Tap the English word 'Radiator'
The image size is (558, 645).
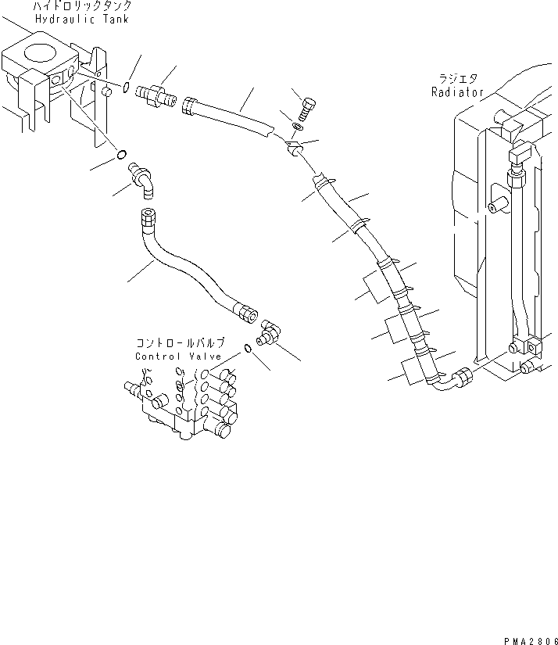click(457, 91)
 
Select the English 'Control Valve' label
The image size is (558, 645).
click(179, 357)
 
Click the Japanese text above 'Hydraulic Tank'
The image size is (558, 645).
click(82, 6)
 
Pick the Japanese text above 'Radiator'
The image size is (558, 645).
click(459, 78)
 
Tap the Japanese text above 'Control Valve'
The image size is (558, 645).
click(180, 343)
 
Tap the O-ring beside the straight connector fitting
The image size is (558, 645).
click(127, 88)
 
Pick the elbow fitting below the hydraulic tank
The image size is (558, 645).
click(145, 177)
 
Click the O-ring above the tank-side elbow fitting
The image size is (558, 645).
click(121, 156)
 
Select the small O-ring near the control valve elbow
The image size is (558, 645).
click(247, 349)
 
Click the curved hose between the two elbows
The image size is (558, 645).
click(188, 266)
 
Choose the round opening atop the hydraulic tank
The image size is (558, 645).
click(39, 54)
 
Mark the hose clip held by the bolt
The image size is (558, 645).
click(295, 148)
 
